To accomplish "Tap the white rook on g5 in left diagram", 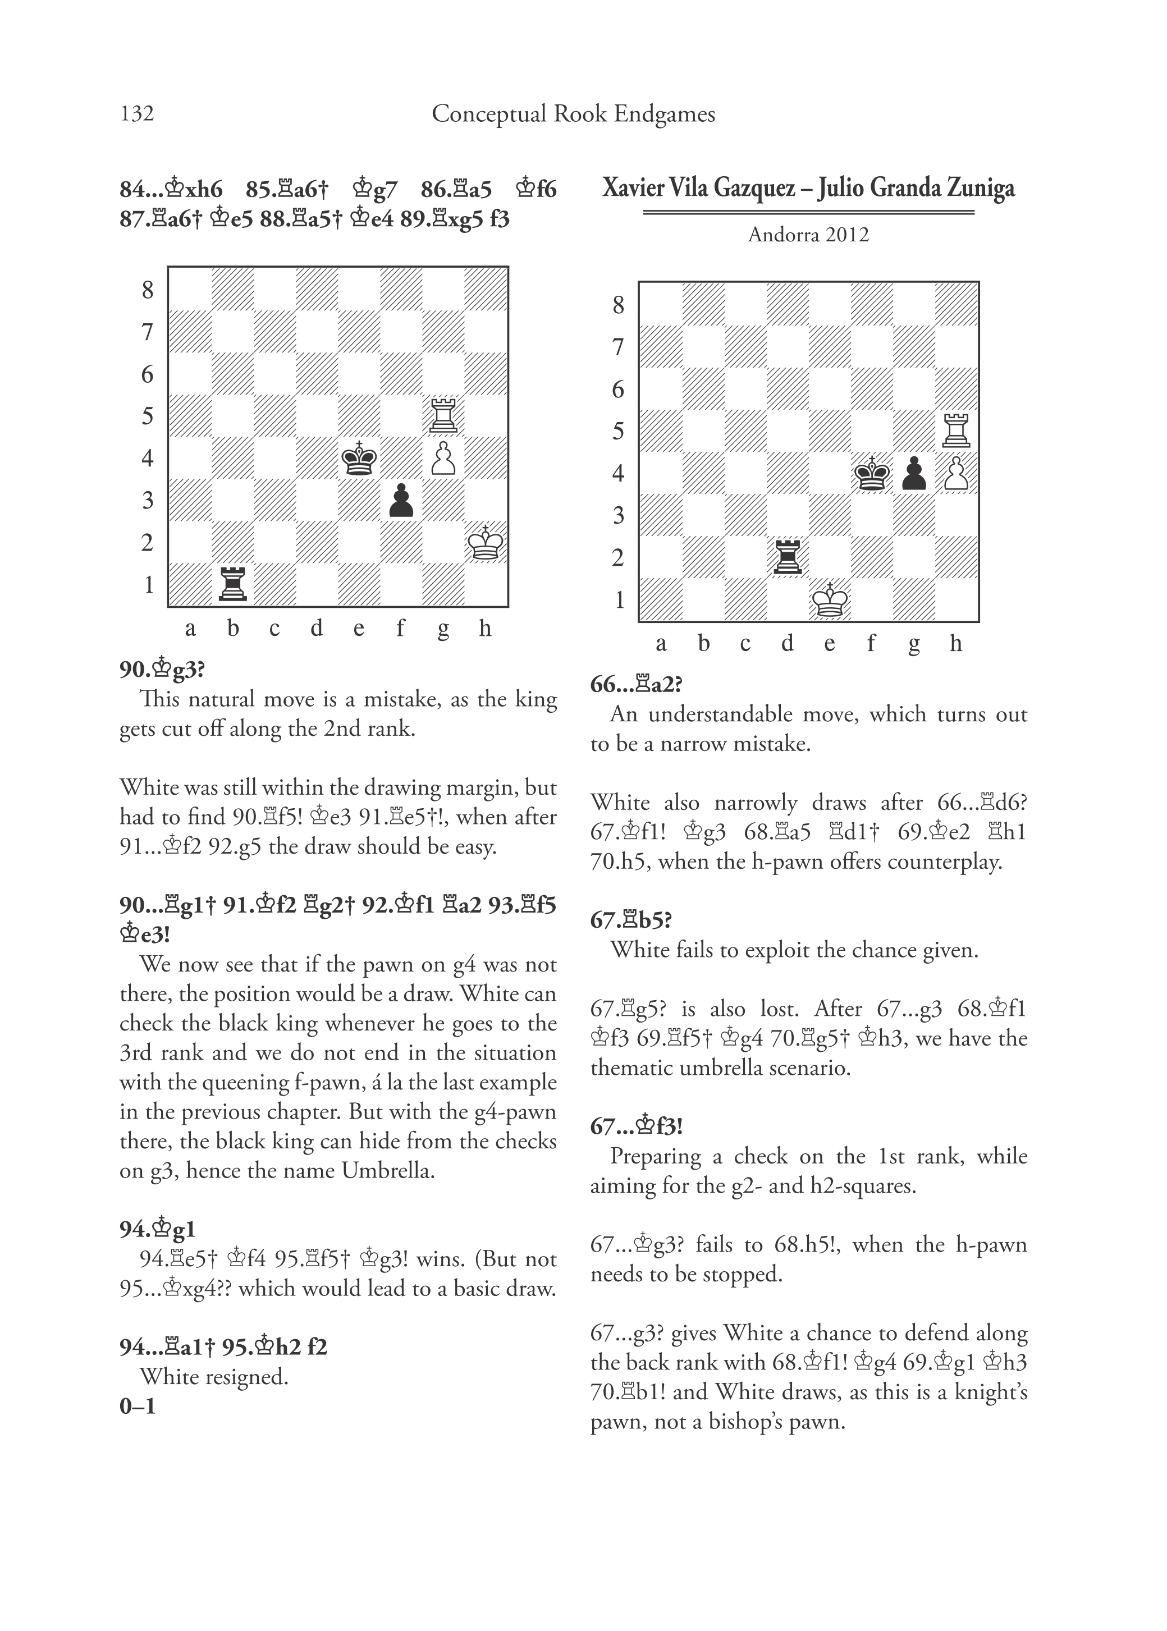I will [x=443, y=415].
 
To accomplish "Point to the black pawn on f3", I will [x=401, y=501].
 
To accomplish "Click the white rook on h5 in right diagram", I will [x=957, y=430].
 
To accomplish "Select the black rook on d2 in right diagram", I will [x=788, y=557].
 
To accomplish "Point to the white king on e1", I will [x=830, y=600].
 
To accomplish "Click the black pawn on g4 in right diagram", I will [x=914, y=474].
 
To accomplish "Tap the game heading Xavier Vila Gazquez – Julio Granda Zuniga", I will [x=808, y=188].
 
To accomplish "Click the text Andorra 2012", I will [x=808, y=235].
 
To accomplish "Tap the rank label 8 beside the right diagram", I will [x=618, y=305].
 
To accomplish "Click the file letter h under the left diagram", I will [x=486, y=628].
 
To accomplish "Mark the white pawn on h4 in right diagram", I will [x=957, y=474].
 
